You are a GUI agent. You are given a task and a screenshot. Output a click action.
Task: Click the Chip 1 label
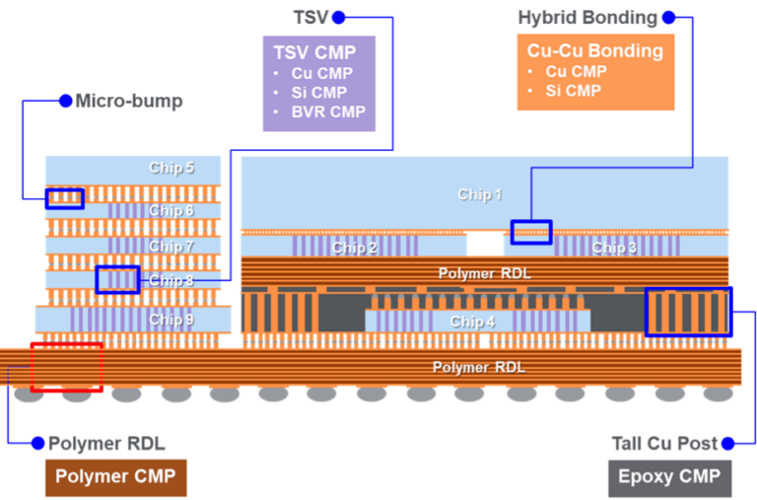coord(480,194)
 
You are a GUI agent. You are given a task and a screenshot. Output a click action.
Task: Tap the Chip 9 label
coord(172,320)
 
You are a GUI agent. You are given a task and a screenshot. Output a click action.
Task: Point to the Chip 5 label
coord(172,168)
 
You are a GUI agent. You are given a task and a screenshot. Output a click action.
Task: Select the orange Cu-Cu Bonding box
coord(594,72)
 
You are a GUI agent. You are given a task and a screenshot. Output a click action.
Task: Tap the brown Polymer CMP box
coord(115,477)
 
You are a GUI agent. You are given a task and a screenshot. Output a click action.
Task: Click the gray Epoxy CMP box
coord(669,477)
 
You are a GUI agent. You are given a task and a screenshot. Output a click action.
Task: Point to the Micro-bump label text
coord(129,101)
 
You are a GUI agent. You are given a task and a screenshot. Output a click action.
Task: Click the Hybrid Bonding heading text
coord(586,18)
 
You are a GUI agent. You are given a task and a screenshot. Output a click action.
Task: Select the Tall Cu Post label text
coord(664,444)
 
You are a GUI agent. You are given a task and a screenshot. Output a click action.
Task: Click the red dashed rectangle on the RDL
coord(66,367)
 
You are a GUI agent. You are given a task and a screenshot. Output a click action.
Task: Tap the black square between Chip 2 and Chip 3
coord(485,244)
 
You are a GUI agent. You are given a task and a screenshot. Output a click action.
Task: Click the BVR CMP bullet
coord(328,111)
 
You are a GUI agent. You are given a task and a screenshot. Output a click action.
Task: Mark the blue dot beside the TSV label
coord(338,18)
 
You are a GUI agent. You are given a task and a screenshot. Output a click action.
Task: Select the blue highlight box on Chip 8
coord(117,280)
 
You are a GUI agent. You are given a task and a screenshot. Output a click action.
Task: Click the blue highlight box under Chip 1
coord(531,232)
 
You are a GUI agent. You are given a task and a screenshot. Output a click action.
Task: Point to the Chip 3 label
coord(614,248)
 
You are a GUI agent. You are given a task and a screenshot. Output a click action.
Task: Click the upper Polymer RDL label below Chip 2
coord(484,272)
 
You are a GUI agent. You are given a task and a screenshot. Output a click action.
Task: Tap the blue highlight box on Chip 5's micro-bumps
coord(64,197)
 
